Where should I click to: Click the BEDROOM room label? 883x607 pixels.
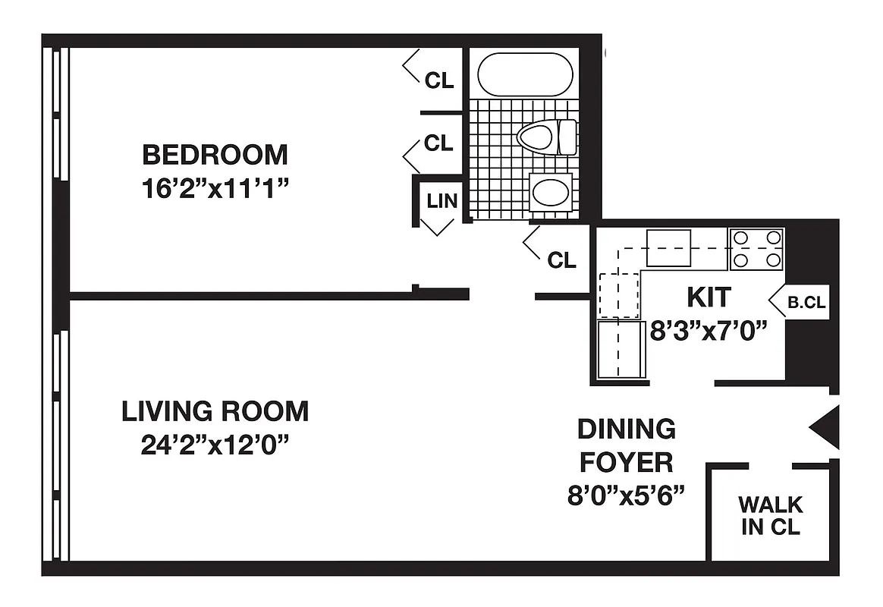[215, 155]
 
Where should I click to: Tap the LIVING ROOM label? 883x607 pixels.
[215, 411]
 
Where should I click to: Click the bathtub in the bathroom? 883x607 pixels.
[525, 74]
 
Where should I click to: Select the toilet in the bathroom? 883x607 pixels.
[546, 137]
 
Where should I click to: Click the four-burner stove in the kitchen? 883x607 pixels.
[756, 249]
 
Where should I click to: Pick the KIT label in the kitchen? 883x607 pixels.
[709, 297]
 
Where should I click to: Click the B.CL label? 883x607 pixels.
[806, 302]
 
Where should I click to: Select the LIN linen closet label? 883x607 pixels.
[441, 201]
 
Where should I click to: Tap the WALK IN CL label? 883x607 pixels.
[771, 515]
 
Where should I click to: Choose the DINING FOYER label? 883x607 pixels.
[626, 445]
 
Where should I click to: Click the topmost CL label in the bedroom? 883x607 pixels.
[439, 80]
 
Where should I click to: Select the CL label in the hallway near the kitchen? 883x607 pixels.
[562, 260]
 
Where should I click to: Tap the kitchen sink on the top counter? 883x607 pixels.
[668, 247]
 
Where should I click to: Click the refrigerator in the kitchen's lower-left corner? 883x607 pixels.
[620, 349]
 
